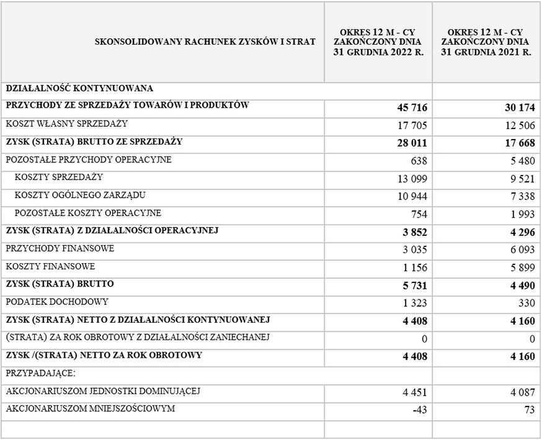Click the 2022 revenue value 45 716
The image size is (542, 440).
point(412,108)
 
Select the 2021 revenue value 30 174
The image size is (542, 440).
point(519,108)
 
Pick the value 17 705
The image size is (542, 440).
point(412,126)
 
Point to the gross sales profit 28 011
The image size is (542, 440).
point(412,144)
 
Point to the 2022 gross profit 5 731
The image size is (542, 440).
point(414,286)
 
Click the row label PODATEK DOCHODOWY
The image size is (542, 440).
point(57,302)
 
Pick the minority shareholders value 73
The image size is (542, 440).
point(528,411)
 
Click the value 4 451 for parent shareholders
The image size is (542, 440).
point(414,393)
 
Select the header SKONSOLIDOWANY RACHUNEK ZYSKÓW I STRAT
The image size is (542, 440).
point(205,42)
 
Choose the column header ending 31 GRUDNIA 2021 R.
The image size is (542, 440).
point(486,42)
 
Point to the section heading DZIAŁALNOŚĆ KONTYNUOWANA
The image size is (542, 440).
point(79,88)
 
